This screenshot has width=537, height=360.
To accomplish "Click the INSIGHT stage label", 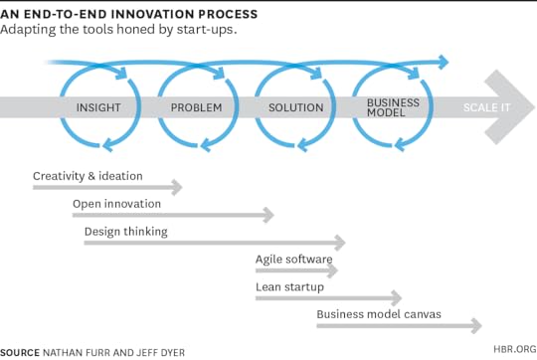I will (x=99, y=107).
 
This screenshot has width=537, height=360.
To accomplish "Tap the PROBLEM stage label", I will (x=196, y=107).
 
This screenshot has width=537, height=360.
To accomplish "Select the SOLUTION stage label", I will (x=296, y=107).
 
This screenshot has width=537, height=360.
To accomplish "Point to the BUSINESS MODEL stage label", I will (x=393, y=107).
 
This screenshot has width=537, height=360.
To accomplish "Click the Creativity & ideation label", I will (x=88, y=176).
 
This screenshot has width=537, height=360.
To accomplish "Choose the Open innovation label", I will (x=116, y=204).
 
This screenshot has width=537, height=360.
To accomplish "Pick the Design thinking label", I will (x=125, y=232).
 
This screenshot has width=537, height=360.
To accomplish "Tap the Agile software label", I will (x=293, y=260).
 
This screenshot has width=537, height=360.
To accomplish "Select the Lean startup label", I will (x=289, y=287).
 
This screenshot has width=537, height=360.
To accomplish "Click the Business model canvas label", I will (x=379, y=315).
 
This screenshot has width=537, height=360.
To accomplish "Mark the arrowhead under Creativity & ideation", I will (x=177, y=187).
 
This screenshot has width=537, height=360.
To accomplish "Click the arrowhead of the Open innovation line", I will (x=268, y=215).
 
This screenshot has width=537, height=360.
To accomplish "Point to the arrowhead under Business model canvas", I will (x=476, y=326).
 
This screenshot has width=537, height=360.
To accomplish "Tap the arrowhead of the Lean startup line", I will (x=396, y=298).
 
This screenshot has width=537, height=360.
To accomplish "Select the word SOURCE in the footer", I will (x=20, y=351).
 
